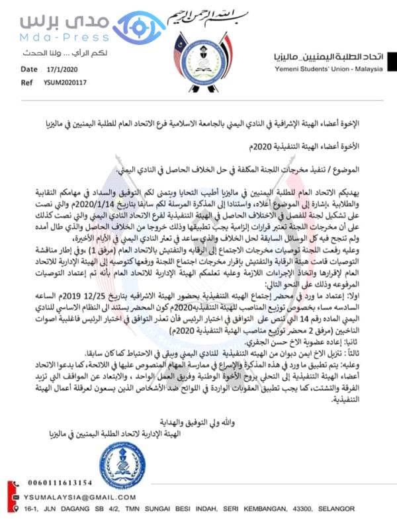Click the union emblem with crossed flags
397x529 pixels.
198,53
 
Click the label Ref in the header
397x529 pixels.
26,83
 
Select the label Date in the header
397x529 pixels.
29,69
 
